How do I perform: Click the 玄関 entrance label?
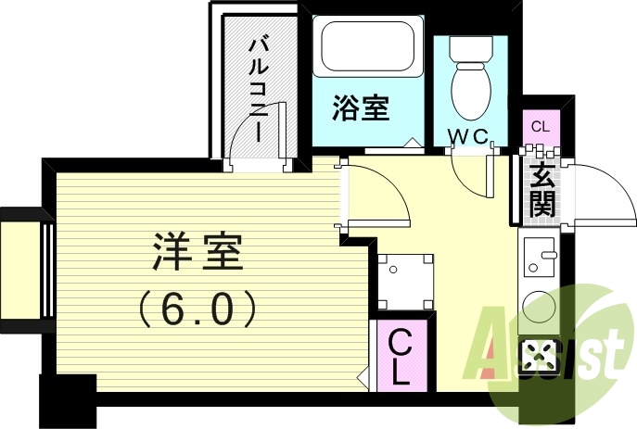[541, 189]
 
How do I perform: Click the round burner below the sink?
[538, 305]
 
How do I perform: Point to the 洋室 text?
[197, 251]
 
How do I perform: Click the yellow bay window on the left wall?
[20, 269]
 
